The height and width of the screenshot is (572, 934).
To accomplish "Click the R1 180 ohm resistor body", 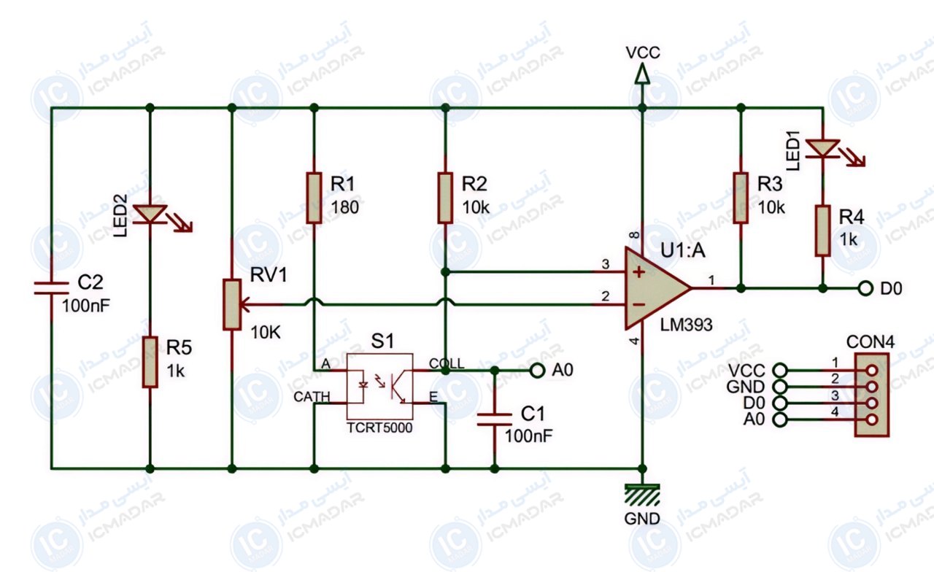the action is (x=314, y=198).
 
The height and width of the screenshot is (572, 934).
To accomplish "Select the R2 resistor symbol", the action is (x=445, y=198).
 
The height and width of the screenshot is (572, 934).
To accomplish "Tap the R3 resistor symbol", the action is (x=741, y=198).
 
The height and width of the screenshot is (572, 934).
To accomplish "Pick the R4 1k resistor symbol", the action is (x=822, y=231).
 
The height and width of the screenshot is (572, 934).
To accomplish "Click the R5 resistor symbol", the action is (x=150, y=362).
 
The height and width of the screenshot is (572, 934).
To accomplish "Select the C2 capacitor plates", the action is (x=51, y=288).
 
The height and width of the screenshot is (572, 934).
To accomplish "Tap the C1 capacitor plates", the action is (x=495, y=420).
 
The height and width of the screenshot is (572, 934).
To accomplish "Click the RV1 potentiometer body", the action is (x=232, y=305).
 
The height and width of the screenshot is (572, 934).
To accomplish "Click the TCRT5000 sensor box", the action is (x=380, y=387).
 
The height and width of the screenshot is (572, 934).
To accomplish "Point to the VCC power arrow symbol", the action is (x=643, y=74).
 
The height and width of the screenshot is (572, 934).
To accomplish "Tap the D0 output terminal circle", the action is (x=865, y=288).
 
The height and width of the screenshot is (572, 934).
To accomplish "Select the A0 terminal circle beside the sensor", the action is (x=538, y=370).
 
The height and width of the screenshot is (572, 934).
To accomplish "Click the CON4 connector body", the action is (x=872, y=395).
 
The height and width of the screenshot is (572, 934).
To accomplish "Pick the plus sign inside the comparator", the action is (x=638, y=272).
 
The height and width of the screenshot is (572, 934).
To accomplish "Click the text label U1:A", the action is (x=683, y=250).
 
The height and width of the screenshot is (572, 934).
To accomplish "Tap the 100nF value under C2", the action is (x=86, y=306).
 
